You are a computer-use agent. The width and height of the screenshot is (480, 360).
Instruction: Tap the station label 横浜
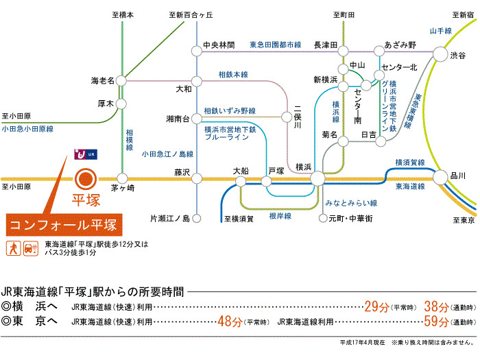click(304, 167)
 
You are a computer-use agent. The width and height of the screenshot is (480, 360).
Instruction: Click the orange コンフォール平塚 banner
click(66, 224)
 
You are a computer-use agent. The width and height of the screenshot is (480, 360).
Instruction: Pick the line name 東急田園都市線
click(275, 45)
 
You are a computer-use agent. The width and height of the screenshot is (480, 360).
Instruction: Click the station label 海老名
click(104, 80)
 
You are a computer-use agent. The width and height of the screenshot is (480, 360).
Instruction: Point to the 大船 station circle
click(241, 181)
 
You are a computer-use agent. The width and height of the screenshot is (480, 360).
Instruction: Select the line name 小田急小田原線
click(27, 128)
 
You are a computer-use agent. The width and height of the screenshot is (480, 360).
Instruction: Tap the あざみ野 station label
click(400, 45)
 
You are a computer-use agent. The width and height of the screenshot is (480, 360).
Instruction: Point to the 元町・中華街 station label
click(351, 218)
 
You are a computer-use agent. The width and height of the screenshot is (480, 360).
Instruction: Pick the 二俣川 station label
click(298, 117)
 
